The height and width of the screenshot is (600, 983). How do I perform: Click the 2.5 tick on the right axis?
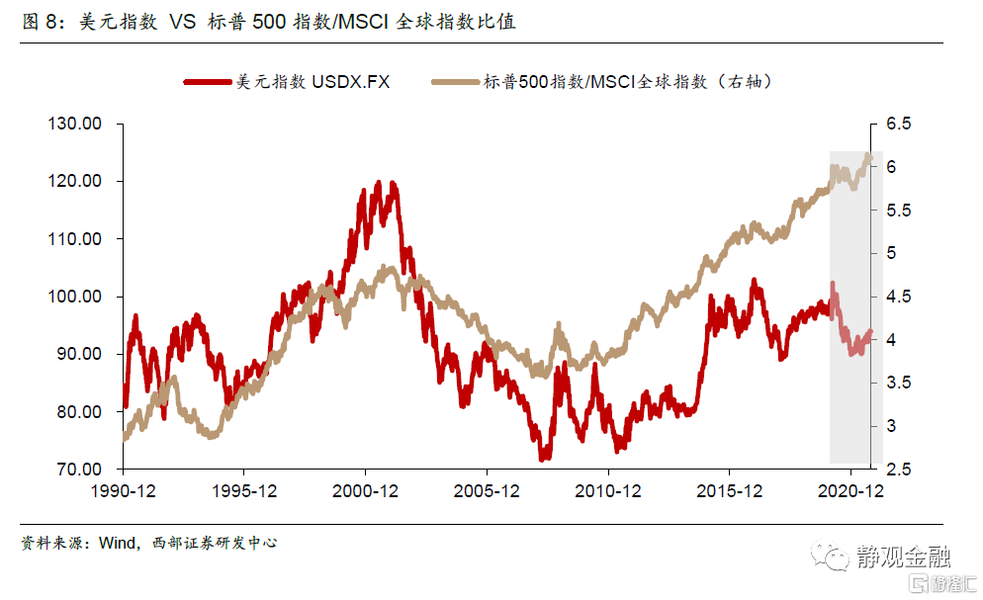point(897,469)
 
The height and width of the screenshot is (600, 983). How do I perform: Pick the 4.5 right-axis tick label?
point(897,297)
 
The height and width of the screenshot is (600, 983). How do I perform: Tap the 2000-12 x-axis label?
point(365,490)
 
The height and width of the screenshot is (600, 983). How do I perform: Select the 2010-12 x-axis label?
point(608,490)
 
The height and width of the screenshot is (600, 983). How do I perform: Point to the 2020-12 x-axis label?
point(850,490)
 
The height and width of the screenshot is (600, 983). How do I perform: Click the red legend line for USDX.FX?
point(208,82)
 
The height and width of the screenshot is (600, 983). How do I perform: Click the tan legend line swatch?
point(455,82)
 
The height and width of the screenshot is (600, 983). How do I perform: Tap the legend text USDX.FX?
point(351,82)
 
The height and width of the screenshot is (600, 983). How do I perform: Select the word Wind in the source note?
point(117,543)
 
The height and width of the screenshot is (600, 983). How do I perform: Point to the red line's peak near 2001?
point(378,183)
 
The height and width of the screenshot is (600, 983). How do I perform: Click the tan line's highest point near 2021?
point(868,155)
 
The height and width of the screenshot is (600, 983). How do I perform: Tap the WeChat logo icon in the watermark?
point(830,556)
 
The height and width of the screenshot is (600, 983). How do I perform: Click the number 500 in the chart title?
point(268,22)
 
